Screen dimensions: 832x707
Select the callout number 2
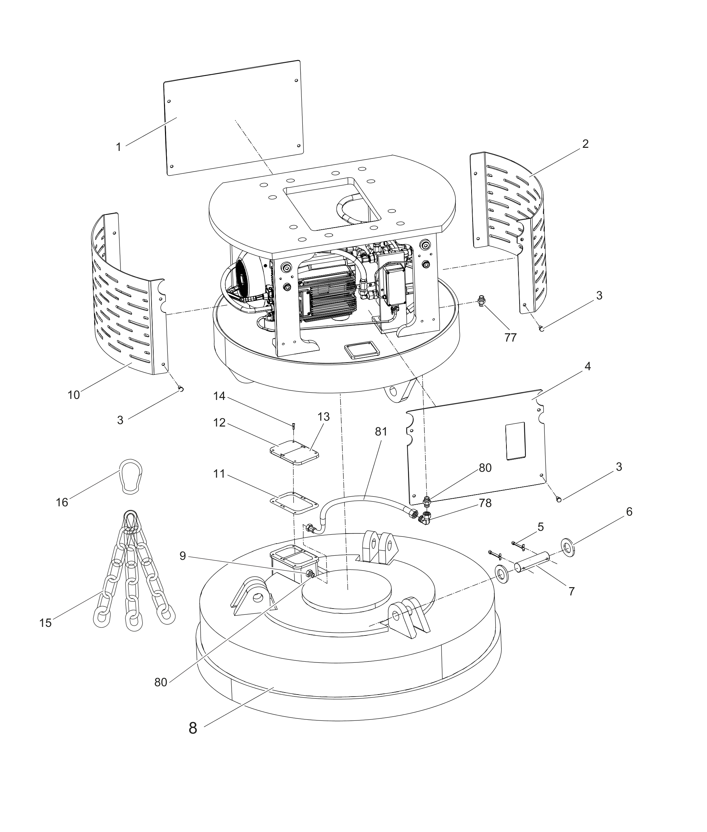click(x=585, y=144)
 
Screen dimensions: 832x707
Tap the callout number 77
click(x=510, y=338)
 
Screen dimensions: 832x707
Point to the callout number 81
click(x=381, y=431)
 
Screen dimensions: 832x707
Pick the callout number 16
click(x=62, y=503)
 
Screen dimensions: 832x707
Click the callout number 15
click(x=46, y=623)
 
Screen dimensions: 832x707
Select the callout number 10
click(x=74, y=395)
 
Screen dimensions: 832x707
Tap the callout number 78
click(x=485, y=503)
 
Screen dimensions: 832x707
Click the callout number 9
click(x=183, y=556)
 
